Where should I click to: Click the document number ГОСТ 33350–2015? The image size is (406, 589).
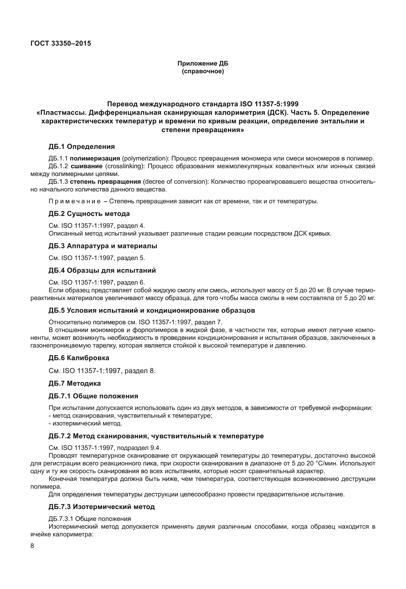coord(61,43)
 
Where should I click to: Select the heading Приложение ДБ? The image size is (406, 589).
coord(203,63)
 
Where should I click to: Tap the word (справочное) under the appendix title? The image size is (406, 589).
coord(203,71)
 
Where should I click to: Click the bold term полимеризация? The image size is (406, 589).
coord(95,158)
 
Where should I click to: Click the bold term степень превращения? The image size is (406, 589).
coord(105,182)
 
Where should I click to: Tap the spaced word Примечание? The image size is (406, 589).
coord(75,201)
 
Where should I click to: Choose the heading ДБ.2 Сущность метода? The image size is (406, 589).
coord(89,214)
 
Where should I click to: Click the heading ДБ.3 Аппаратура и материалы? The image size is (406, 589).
coord(103,246)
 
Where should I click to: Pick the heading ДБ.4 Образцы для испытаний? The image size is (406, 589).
coord(102,270)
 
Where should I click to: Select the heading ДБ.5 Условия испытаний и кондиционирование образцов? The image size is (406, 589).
coord(152,310)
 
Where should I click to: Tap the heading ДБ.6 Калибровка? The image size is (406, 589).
coord(79,358)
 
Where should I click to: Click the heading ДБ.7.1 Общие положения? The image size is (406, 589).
coord(93,396)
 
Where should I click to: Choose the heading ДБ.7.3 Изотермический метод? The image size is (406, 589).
coord(102,507)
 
